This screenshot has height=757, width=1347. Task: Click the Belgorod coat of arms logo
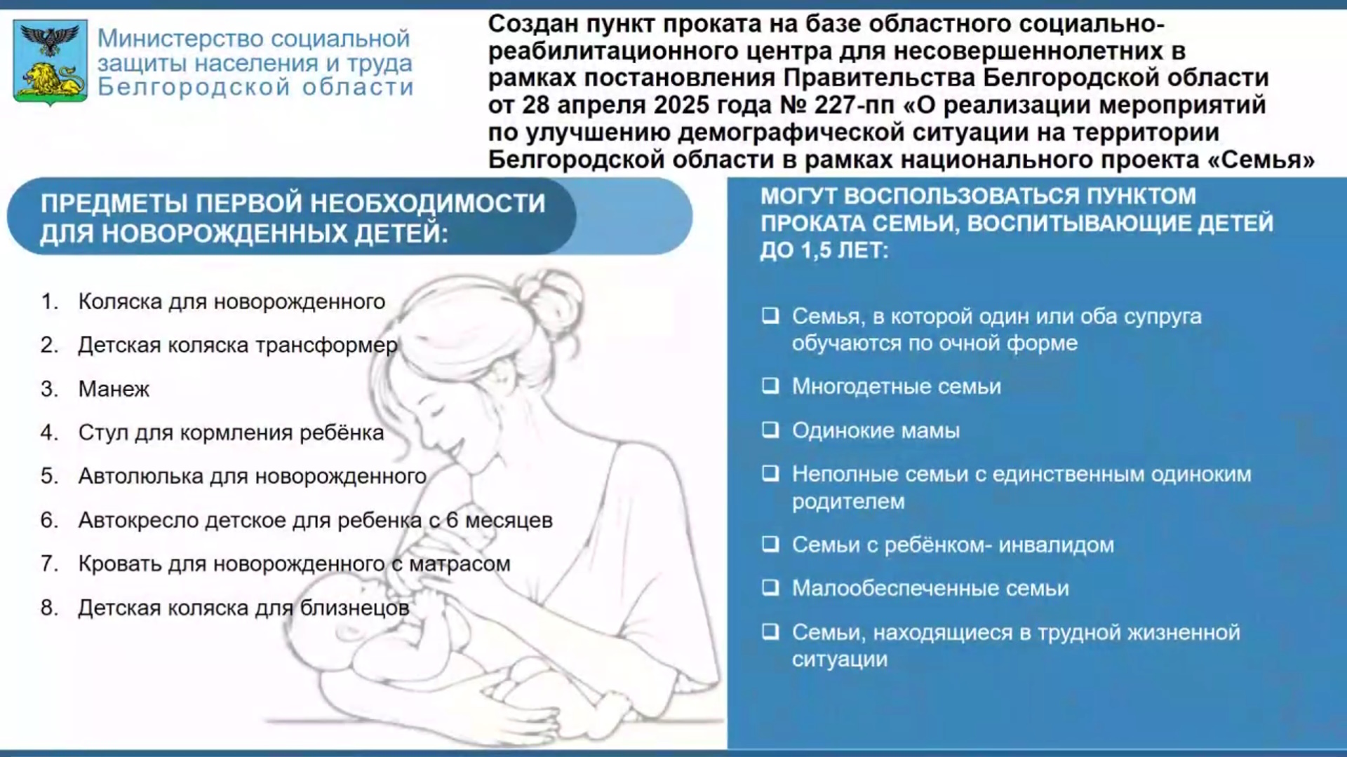pyautogui.click(x=51, y=62)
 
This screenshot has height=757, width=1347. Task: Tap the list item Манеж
pyautogui.click(x=114, y=389)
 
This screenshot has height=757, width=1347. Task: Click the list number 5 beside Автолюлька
pyautogui.click(x=48, y=476)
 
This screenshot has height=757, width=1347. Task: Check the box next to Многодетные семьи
pyautogui.click(x=770, y=386)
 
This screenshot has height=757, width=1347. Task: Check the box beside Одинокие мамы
pyautogui.click(x=770, y=430)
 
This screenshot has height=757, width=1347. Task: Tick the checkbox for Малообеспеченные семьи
pyautogui.click(x=770, y=587)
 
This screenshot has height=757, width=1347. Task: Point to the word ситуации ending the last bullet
pyautogui.click(x=840, y=660)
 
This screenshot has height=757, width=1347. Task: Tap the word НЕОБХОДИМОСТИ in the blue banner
pyautogui.click(x=427, y=203)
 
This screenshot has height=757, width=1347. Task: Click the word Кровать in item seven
pyautogui.click(x=120, y=564)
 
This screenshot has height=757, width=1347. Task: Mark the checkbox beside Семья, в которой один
pyautogui.click(x=770, y=316)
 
